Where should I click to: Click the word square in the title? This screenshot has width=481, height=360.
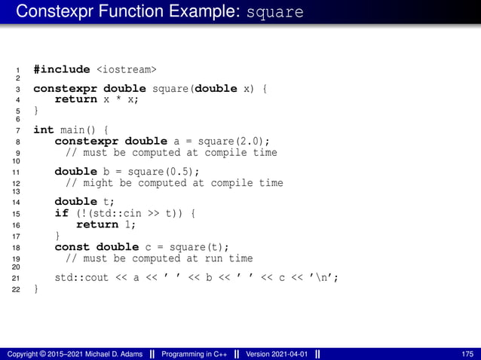[275, 14]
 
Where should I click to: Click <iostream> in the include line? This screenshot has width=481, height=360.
[127, 69]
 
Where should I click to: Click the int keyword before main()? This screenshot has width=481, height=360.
[43, 130]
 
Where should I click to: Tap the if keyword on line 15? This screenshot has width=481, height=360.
[61, 213]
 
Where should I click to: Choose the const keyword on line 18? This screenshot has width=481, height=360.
[72, 247]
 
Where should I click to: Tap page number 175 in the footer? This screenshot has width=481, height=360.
[467, 354]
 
